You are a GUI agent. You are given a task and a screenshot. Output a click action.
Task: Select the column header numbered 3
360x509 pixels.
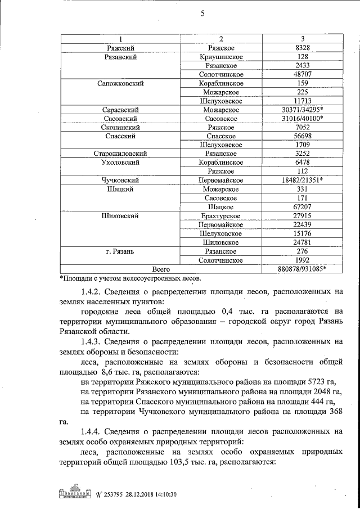coord(302,39)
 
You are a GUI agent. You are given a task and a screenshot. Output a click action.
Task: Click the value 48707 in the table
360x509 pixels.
coord(302,74)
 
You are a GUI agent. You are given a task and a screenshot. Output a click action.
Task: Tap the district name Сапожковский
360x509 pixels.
coord(121,83)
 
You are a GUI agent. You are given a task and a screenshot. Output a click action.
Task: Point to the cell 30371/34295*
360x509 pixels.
coord(302,110)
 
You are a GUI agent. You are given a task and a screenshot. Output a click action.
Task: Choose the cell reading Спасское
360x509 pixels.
coord(221,136)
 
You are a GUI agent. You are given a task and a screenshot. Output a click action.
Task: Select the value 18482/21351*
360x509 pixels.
coord(302,180)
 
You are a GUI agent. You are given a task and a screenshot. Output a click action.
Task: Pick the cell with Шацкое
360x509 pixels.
coord(221,207)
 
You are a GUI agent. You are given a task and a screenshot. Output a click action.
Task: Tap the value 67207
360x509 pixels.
coord(302,207)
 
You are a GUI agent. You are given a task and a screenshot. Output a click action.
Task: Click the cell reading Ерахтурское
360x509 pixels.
coord(221,216)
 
